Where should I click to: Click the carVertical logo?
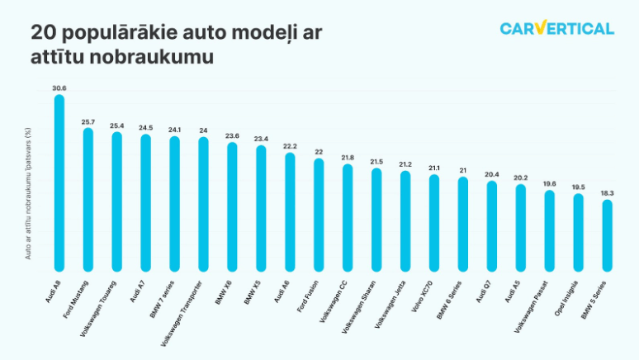click(556, 29)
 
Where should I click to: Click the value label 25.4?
click(116, 126)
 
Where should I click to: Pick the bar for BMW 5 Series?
click(608, 235)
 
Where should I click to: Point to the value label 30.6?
click(59, 88)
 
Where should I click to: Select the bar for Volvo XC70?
click(434, 223)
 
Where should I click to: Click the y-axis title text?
click(27, 194)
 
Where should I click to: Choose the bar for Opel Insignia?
click(579, 232)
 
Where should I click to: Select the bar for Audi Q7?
click(492, 226)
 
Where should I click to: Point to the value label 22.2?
click(290, 145)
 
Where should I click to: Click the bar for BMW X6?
click(232, 207)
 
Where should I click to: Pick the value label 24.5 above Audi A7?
click(145, 127)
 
